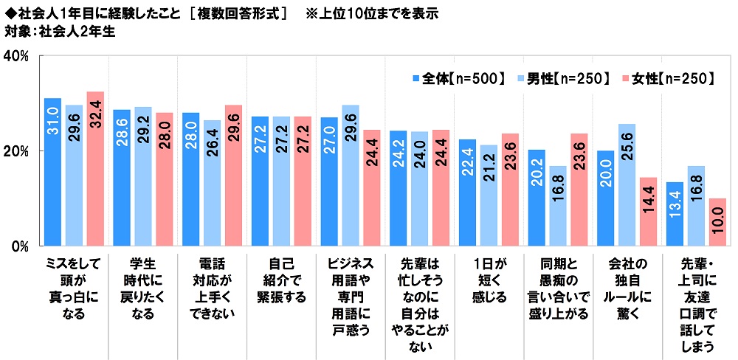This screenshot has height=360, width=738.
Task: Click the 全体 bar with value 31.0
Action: [x=52, y=171]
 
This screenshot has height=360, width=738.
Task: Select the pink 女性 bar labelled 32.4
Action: [x=95, y=168]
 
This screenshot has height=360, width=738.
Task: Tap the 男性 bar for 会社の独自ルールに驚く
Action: [x=627, y=184]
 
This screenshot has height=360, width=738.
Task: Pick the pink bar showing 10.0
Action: [x=717, y=221]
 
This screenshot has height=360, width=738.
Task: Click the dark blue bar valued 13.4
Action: [x=675, y=213]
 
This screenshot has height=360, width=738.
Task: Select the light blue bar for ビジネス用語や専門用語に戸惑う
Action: [x=351, y=175]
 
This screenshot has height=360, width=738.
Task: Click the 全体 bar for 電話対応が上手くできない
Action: [x=190, y=179]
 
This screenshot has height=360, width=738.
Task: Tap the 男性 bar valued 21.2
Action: [x=489, y=195]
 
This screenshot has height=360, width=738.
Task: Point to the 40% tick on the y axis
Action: [x=16, y=56]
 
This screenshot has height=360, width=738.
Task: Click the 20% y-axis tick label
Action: [x=16, y=151]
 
